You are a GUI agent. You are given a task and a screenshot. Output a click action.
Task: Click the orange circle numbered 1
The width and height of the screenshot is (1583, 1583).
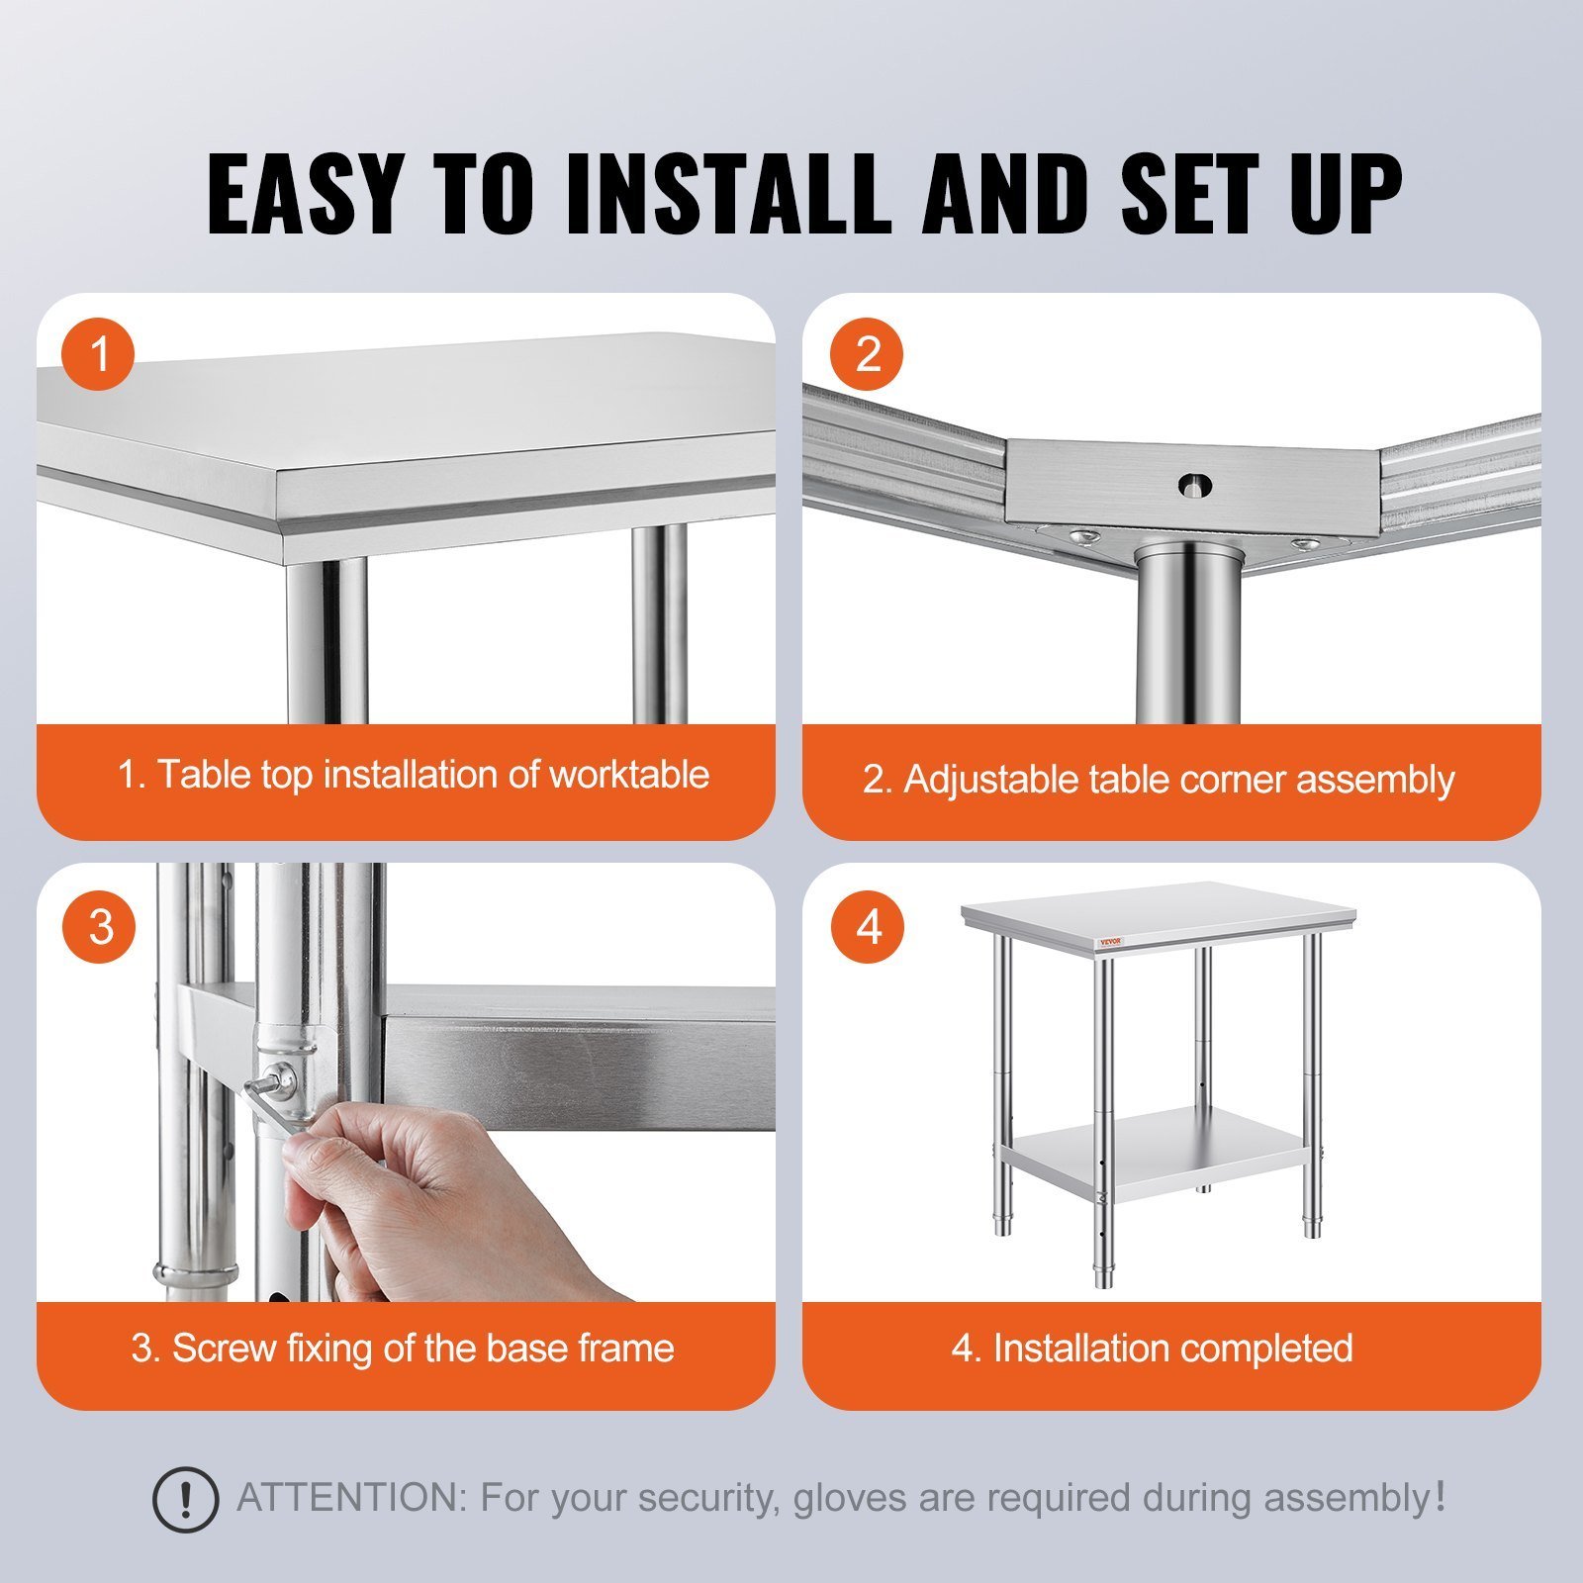[x=99, y=353]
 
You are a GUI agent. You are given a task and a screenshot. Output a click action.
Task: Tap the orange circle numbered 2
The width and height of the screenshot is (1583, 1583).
[x=868, y=353]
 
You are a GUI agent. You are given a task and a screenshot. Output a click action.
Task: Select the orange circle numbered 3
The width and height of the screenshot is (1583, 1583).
[x=99, y=927]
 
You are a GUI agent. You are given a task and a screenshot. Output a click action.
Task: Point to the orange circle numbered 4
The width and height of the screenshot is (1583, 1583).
[x=868, y=927]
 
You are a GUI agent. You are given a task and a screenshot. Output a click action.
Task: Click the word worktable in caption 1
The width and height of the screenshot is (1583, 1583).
[x=629, y=774]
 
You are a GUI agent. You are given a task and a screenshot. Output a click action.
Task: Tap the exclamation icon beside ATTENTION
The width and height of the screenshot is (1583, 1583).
[x=185, y=1500]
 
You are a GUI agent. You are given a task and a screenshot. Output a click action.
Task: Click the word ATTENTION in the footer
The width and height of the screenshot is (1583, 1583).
[x=351, y=1498]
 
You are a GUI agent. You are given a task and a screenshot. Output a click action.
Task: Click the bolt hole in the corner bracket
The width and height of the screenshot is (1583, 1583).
[x=1195, y=485]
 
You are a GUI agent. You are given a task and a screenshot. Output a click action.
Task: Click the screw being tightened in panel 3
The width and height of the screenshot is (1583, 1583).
[x=284, y=1078]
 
